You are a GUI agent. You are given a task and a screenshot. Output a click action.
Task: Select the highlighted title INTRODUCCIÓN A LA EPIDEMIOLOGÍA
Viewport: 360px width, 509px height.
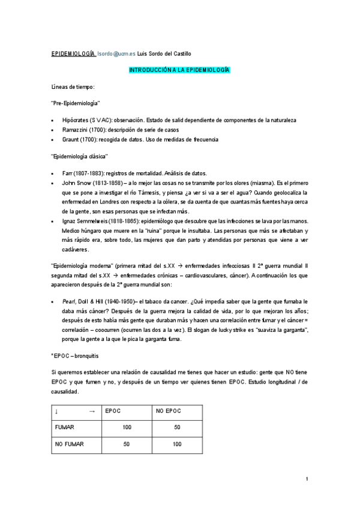point(180,70)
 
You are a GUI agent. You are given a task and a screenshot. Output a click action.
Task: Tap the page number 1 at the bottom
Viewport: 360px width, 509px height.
point(307,478)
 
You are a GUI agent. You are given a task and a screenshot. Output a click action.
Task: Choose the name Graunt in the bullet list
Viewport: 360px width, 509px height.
point(71,139)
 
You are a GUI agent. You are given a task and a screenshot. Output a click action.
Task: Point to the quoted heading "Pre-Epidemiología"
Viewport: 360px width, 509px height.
point(76,103)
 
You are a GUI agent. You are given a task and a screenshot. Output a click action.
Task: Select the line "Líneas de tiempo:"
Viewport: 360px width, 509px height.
point(69,87)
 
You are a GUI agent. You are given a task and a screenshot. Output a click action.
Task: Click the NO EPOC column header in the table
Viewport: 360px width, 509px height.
point(168,411)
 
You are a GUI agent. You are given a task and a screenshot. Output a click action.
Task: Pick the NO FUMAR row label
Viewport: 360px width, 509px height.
point(70,444)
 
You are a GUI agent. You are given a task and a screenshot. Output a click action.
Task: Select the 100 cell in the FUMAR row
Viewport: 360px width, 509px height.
point(126,427)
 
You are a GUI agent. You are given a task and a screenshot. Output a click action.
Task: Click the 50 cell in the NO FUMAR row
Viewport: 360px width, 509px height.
point(126,444)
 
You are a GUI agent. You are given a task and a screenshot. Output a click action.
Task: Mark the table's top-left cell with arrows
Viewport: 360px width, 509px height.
point(76,411)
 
